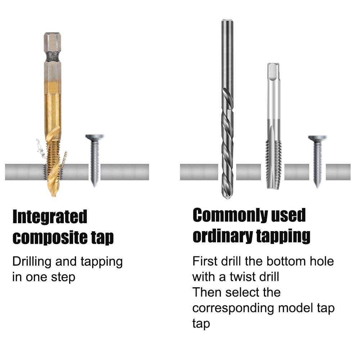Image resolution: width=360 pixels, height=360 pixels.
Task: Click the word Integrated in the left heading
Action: (50, 217)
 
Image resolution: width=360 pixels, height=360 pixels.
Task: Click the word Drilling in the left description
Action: (32, 262)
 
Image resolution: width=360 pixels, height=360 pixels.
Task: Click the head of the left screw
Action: (94, 137)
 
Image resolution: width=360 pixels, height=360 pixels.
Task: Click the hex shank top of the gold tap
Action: (51, 40)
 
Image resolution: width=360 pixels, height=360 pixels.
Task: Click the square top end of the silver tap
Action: (273, 68)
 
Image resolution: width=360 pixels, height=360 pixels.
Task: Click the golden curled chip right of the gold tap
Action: (64, 160)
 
